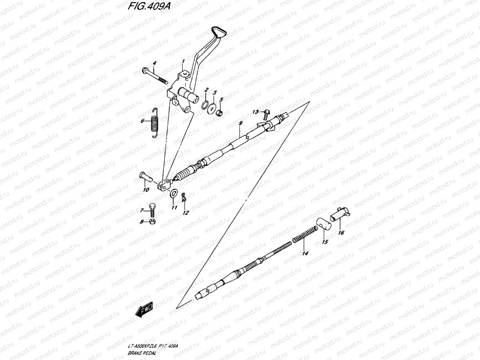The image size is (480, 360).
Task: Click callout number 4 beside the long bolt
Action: pos(154,63)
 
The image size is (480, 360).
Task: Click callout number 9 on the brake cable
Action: pos(240,123)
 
